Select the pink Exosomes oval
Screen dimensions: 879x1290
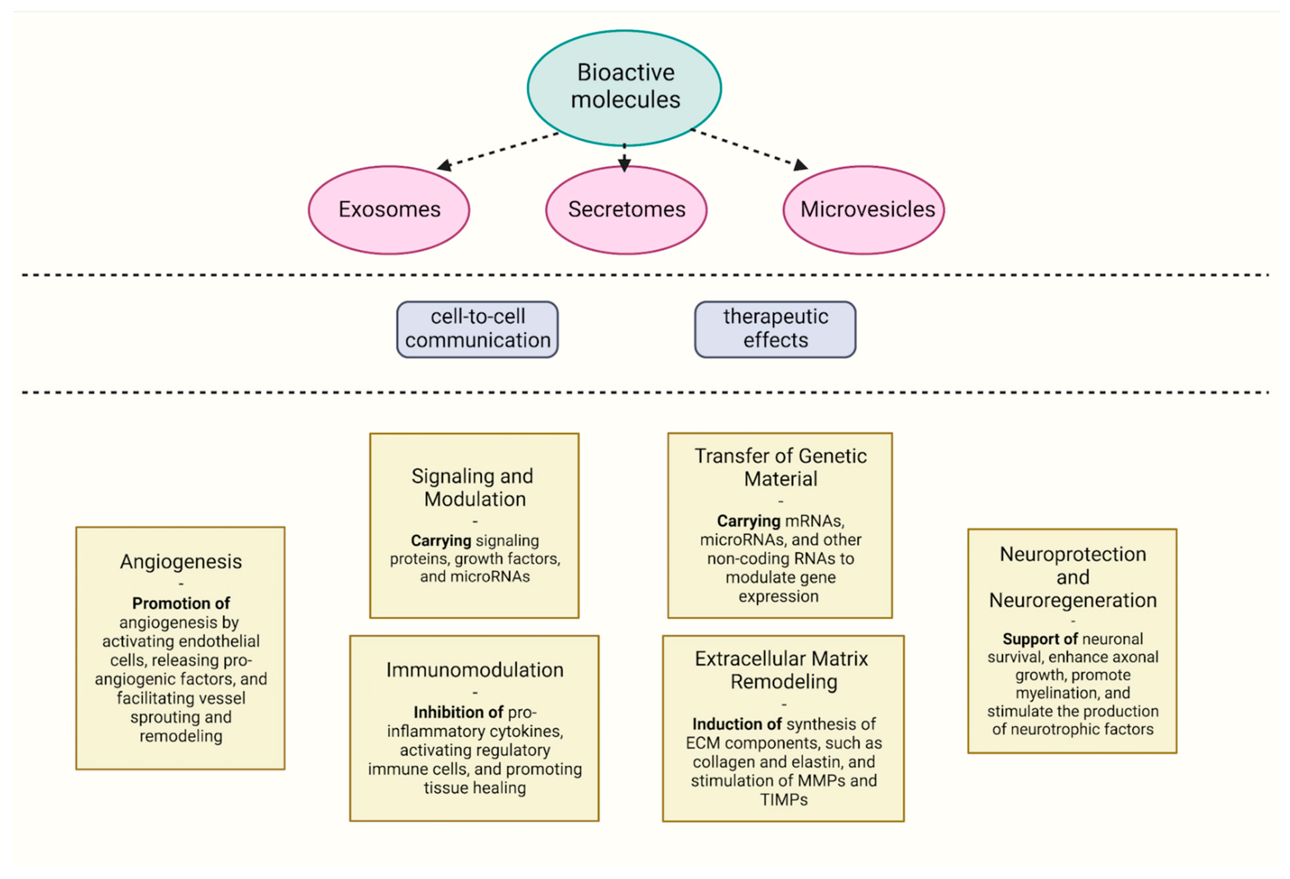[x=389, y=210]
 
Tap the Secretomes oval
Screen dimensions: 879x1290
[x=626, y=210]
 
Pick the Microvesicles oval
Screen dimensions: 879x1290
[x=864, y=210]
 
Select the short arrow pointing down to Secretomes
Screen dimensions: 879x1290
[x=625, y=158]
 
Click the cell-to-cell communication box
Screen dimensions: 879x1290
[x=477, y=329]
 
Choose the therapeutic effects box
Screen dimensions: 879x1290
[x=775, y=329]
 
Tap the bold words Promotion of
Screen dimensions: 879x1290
[x=181, y=603]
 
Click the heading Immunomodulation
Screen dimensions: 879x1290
[x=474, y=670]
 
